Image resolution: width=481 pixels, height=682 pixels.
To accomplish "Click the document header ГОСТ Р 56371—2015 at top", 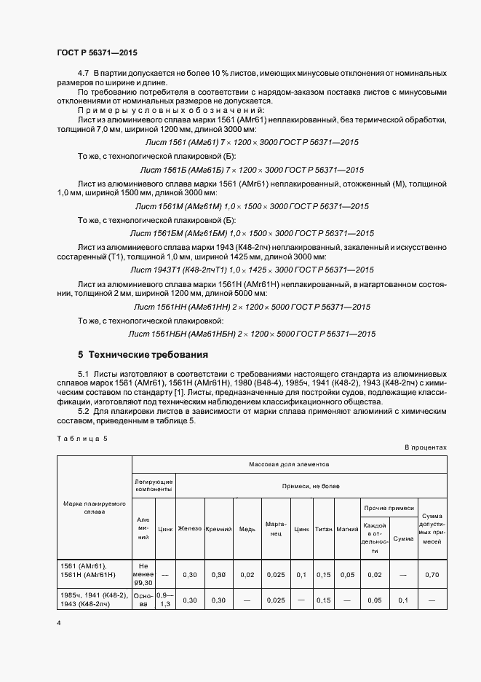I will pos(96,53).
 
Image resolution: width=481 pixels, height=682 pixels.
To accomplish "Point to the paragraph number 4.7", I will pos(83,74).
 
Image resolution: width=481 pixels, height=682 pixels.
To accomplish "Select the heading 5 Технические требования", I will pos(143,356).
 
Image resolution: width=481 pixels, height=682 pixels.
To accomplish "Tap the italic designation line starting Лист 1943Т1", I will pos(252,270).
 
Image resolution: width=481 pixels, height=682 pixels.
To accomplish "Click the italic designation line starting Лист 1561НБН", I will pos(252,334).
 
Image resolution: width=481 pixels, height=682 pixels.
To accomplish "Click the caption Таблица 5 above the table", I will pos(82,438).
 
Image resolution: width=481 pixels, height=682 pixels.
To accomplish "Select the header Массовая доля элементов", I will pos(289,463).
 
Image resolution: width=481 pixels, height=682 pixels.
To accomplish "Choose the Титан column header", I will pos(324,528).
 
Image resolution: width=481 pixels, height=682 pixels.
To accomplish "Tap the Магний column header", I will pos(346,528).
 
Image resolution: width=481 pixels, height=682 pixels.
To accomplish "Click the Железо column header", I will pos(190,528).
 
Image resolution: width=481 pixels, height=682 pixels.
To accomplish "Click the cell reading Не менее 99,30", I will pos(143,574).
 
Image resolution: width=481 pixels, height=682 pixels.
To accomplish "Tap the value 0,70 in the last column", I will pos(432,574).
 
